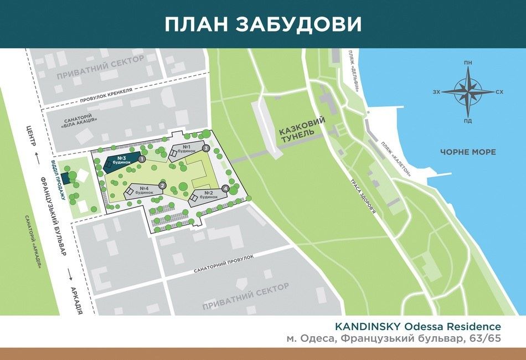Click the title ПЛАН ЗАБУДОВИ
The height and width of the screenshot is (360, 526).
coord(263,24)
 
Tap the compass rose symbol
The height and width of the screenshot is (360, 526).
coord(468,91)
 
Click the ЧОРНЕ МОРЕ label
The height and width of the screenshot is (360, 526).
coord(468,152)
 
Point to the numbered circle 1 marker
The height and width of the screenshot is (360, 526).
coord(142,159)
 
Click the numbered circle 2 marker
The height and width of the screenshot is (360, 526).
coord(163,186)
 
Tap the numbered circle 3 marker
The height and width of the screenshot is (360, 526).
coord(205,148)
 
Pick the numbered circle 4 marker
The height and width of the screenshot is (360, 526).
coord(225,189)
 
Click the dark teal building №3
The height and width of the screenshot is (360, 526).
coord(118,164)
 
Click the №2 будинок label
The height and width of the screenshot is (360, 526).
coord(208,194)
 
